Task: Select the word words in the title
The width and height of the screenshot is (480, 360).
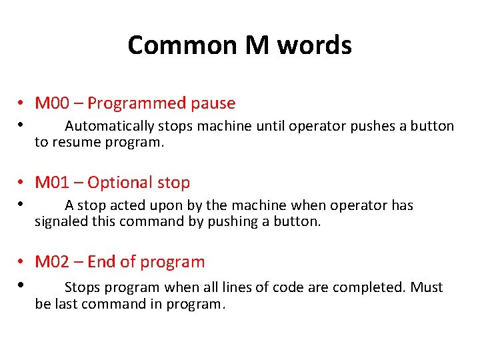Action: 314,45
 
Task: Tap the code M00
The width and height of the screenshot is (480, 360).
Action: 52,103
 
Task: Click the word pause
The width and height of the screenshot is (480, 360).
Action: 213,103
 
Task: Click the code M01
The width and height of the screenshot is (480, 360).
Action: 52,183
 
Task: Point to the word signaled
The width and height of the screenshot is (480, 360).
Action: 61,221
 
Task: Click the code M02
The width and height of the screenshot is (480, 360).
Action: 52,262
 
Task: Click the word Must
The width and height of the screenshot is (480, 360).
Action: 427,287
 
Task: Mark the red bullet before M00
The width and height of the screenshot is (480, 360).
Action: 22,104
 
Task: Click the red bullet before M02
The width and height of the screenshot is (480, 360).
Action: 22,263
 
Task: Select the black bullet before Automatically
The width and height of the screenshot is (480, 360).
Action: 22,124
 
